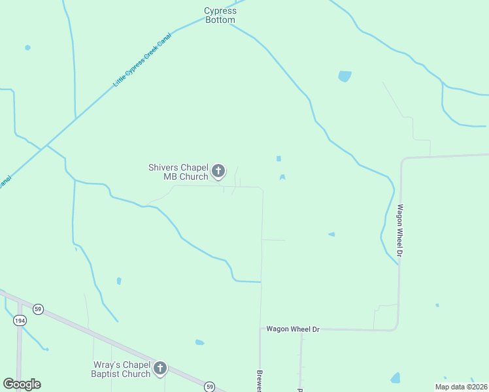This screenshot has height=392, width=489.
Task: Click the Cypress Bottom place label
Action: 220,16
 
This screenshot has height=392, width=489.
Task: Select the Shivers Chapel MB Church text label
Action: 178,172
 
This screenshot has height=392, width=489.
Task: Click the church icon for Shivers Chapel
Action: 218,172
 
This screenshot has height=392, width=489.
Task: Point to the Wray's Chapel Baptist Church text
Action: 121,369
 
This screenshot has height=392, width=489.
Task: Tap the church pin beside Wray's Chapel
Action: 160,368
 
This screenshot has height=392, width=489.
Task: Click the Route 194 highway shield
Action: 19,320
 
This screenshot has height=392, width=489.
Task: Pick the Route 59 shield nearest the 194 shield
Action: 39,309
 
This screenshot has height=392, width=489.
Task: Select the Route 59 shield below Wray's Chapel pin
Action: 209,386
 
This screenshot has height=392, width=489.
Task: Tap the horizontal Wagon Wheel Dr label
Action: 293,329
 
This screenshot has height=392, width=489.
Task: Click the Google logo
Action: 22,384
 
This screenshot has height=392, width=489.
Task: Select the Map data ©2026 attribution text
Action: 461,386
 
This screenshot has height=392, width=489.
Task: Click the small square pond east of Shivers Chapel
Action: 278,158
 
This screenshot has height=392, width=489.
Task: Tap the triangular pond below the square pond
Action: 282,177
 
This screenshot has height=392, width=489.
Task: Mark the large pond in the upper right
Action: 345,76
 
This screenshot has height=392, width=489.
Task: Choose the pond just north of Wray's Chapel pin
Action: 199,342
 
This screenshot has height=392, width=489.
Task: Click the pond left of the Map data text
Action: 395,378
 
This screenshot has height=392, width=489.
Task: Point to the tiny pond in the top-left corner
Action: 27,47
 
